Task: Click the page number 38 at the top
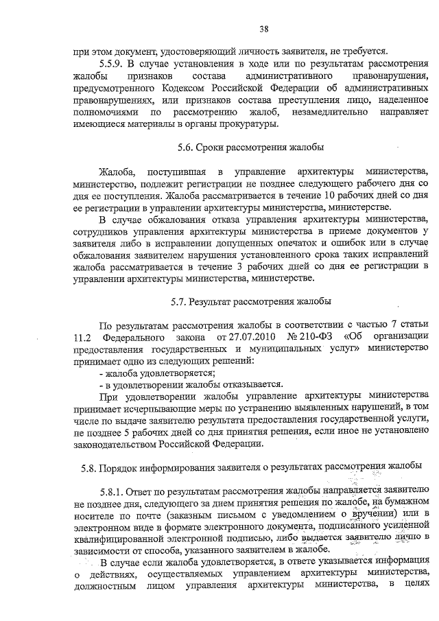(263, 29)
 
